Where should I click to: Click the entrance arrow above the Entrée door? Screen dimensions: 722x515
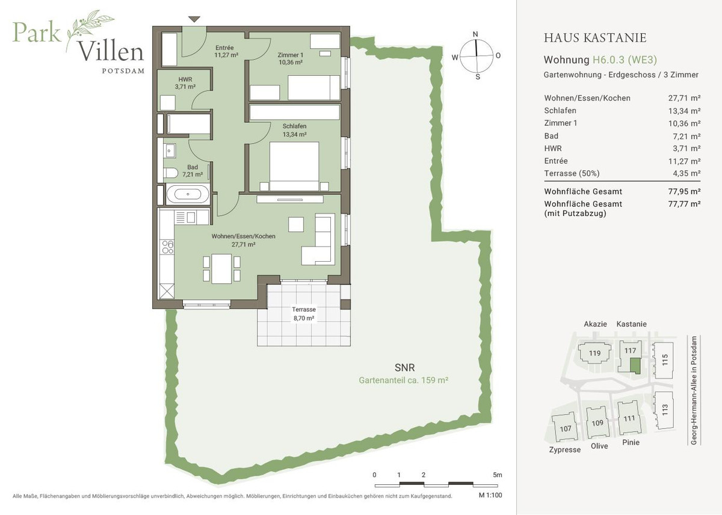(194, 19)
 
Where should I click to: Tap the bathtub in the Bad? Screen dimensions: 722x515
(188, 194)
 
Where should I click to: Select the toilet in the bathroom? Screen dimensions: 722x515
(170, 173)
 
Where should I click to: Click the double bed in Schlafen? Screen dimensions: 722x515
(294, 167)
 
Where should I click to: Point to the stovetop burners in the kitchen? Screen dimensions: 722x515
(168, 247)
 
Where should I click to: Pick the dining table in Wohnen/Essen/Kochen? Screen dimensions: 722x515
(221, 269)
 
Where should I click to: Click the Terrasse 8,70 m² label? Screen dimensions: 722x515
(304, 314)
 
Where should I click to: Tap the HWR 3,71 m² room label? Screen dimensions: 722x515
(185, 83)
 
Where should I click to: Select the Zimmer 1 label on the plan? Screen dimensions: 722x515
(291, 55)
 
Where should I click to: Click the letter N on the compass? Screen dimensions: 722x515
(475, 34)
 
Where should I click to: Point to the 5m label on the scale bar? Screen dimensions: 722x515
(498, 475)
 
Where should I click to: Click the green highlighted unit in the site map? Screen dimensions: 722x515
(635, 366)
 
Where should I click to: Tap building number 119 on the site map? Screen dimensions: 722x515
(594, 353)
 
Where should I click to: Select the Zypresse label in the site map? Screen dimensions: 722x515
(565, 449)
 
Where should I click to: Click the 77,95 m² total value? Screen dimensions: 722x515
(684, 191)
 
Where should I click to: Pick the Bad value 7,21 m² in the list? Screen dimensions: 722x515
(687, 137)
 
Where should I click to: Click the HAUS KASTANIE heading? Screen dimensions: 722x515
(595, 38)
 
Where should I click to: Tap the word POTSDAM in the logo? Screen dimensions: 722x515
(123, 71)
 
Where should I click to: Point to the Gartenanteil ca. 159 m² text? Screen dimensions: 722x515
(404, 380)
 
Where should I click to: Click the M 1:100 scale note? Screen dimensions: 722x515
(490, 495)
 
